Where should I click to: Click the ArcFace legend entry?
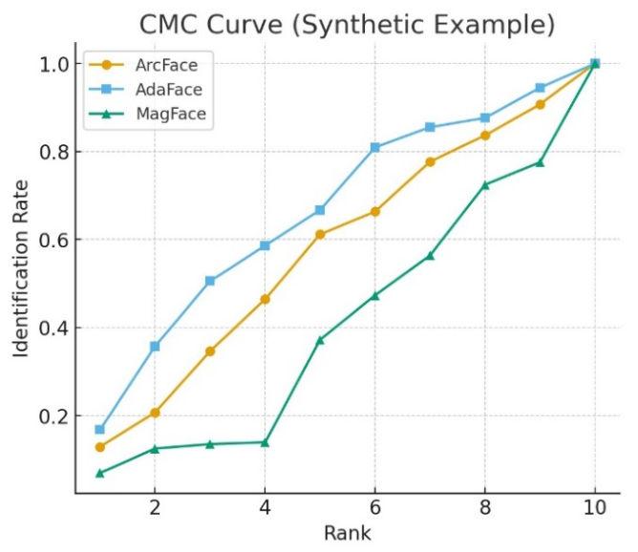tap(143, 65)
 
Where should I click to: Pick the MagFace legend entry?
tap(147, 114)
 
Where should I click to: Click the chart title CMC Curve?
tap(211, 25)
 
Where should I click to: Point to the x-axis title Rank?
tap(348, 533)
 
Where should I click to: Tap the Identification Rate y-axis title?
tap(21, 269)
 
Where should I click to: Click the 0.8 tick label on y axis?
tap(53, 152)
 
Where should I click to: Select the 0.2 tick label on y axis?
tap(53, 416)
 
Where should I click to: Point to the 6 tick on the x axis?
tap(374, 508)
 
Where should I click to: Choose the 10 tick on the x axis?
tap(595, 508)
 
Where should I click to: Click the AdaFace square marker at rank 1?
tap(99, 429)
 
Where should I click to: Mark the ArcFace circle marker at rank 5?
tap(320, 234)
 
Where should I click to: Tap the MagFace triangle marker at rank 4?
tap(265, 442)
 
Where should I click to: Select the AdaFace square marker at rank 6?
tap(375, 147)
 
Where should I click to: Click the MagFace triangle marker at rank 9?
tap(540, 162)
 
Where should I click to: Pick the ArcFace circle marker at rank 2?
tap(155, 413)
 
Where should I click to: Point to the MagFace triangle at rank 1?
tap(99, 473)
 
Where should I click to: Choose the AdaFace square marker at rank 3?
tap(210, 281)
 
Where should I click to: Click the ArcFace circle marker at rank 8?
tap(485, 136)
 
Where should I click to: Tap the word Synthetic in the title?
tap(357, 25)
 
